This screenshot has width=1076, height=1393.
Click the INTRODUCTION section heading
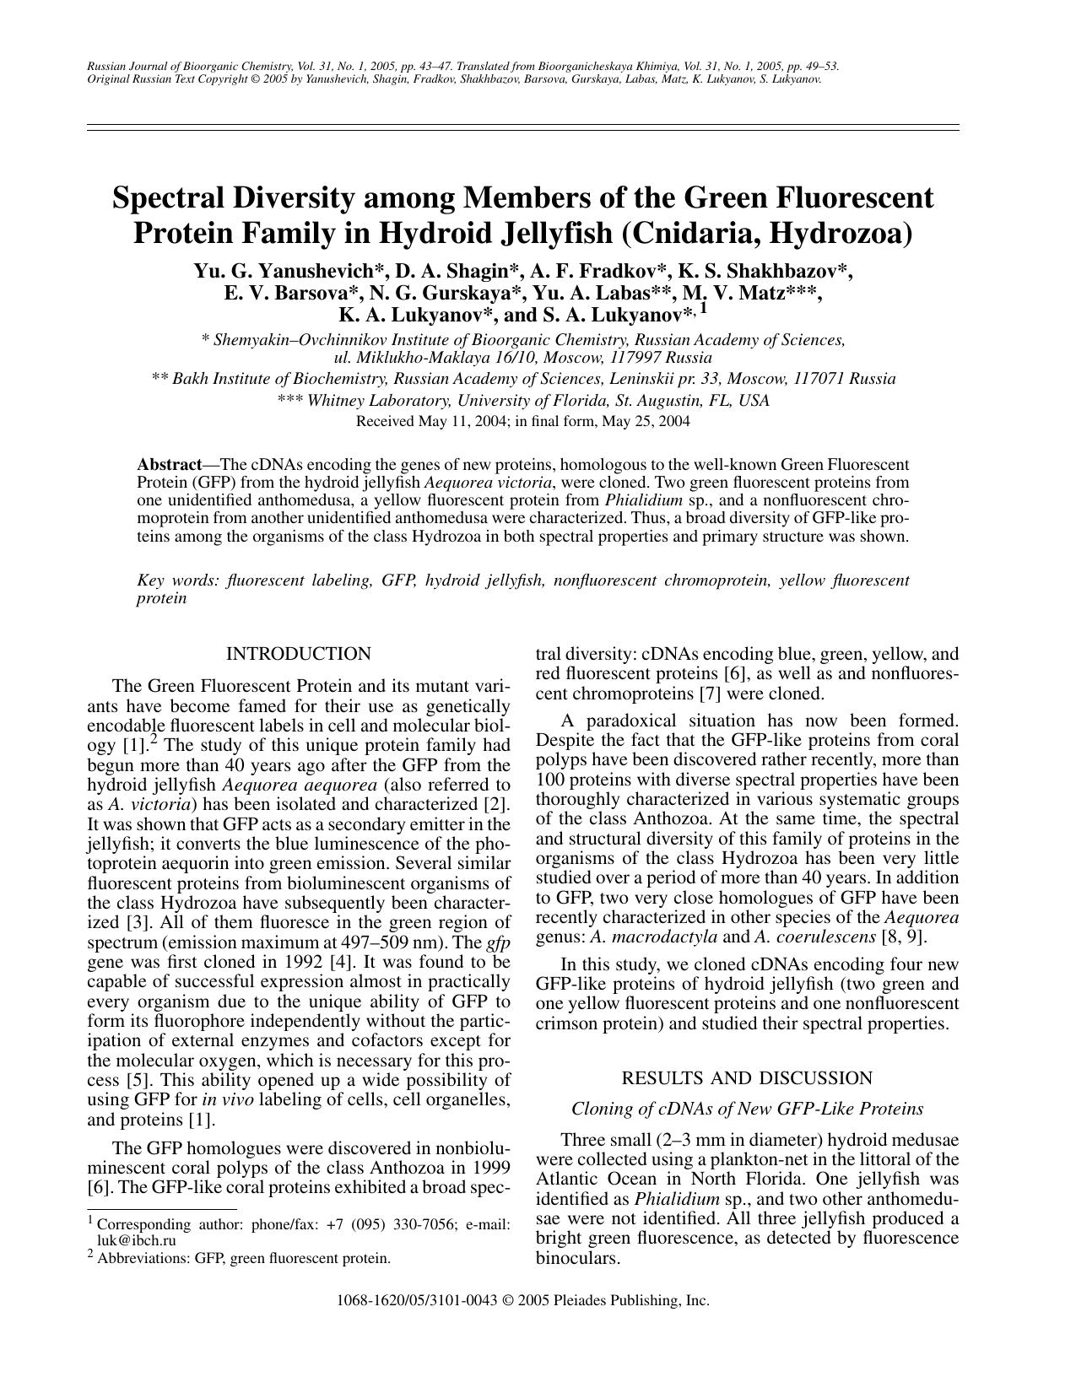tap(298, 654)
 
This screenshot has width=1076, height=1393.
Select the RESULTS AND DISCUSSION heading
tap(747, 1078)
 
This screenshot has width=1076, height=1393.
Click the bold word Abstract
tap(169, 465)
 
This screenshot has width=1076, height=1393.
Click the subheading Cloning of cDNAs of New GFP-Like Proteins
tap(747, 1109)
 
